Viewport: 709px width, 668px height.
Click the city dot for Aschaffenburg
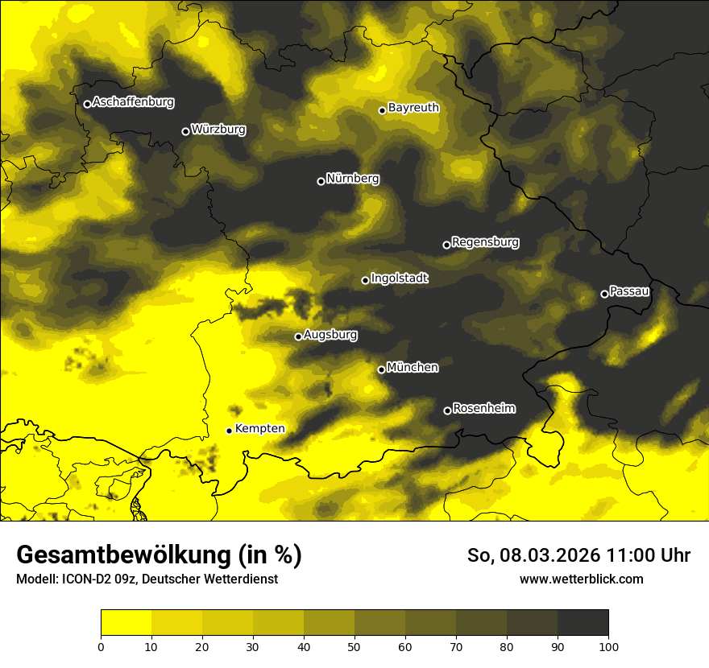(x=87, y=104)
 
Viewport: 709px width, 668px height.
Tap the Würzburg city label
(x=218, y=130)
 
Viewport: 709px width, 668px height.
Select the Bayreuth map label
(x=413, y=108)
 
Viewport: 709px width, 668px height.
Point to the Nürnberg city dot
(x=321, y=181)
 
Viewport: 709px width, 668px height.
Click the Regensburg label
(x=485, y=242)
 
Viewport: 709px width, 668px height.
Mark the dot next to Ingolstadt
(x=365, y=280)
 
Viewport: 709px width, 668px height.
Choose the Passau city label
(x=629, y=291)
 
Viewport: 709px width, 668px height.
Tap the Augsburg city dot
(x=298, y=336)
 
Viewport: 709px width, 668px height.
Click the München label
(x=413, y=368)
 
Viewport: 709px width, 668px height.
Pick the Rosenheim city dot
(x=447, y=411)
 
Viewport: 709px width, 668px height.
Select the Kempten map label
(x=259, y=429)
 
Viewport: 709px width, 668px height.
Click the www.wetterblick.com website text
(x=581, y=579)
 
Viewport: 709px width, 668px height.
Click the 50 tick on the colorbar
(x=354, y=645)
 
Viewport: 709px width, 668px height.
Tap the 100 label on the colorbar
(x=608, y=645)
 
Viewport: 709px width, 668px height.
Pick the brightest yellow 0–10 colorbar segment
(x=126, y=623)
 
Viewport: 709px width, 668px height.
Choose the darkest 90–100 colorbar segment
(x=583, y=623)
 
